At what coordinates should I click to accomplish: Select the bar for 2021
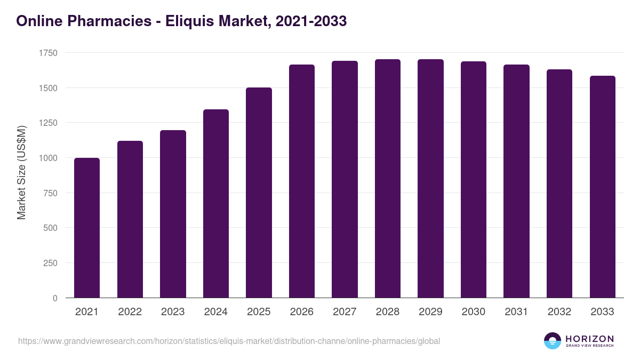[x=87, y=228]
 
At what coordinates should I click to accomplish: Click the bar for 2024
[x=216, y=203]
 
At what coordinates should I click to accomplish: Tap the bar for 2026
[x=302, y=181]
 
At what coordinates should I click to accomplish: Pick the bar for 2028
[x=388, y=178]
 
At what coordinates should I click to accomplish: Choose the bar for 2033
[x=603, y=187]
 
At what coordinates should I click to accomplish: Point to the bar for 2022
[x=130, y=219]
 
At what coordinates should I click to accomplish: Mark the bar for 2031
[x=517, y=181]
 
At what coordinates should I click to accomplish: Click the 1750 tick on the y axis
[x=48, y=53]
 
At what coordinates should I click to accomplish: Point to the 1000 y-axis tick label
[x=48, y=158]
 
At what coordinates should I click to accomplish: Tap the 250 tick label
[x=51, y=263]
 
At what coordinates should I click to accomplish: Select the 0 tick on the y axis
[x=55, y=298]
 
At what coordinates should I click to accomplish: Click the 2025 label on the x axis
[x=259, y=312]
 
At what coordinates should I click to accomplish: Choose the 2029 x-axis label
[x=430, y=312]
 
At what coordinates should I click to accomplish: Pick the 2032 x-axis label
[x=559, y=312]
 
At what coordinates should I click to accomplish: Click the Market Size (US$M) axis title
[x=21, y=172]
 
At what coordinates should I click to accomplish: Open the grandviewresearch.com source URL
[x=229, y=341]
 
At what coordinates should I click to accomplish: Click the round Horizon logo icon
[x=553, y=341]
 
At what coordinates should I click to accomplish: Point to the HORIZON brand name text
[x=589, y=338]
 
